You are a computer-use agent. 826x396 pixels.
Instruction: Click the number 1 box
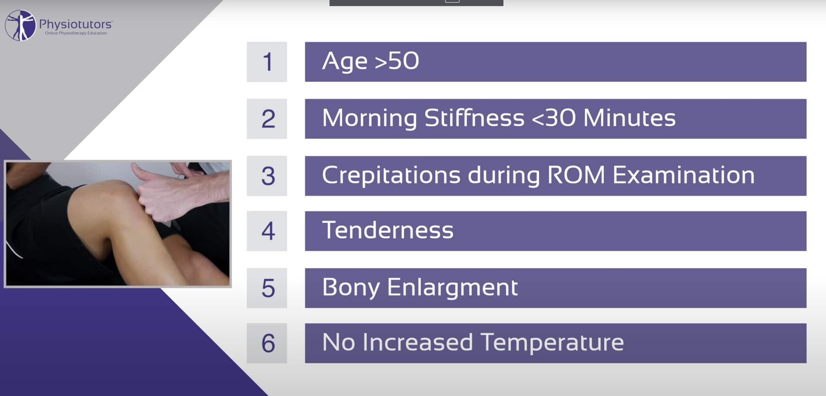[267, 62]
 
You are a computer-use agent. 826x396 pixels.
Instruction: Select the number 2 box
[267, 119]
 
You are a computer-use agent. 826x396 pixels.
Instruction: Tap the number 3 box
[267, 176]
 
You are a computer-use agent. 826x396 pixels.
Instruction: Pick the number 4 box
[267, 231]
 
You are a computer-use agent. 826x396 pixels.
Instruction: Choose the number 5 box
[267, 288]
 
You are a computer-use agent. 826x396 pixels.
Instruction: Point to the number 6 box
[267, 343]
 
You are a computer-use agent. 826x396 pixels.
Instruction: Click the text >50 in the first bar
[397, 61]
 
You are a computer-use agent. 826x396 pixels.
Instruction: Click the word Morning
[369, 118]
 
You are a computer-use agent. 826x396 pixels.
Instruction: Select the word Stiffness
[474, 118]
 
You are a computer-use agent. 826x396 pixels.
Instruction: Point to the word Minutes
[629, 118]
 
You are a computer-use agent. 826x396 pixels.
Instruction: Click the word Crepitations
[391, 175]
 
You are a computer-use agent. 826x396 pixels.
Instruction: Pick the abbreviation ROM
[576, 175]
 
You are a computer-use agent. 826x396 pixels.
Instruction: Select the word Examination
[683, 175]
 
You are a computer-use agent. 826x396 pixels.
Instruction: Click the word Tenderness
[387, 230]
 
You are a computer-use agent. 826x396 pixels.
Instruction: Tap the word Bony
[351, 288]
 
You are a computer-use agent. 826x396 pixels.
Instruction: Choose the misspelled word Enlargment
[452, 288]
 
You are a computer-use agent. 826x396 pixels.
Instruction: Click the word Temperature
[552, 343]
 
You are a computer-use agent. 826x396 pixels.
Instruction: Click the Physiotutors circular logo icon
[20, 26]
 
